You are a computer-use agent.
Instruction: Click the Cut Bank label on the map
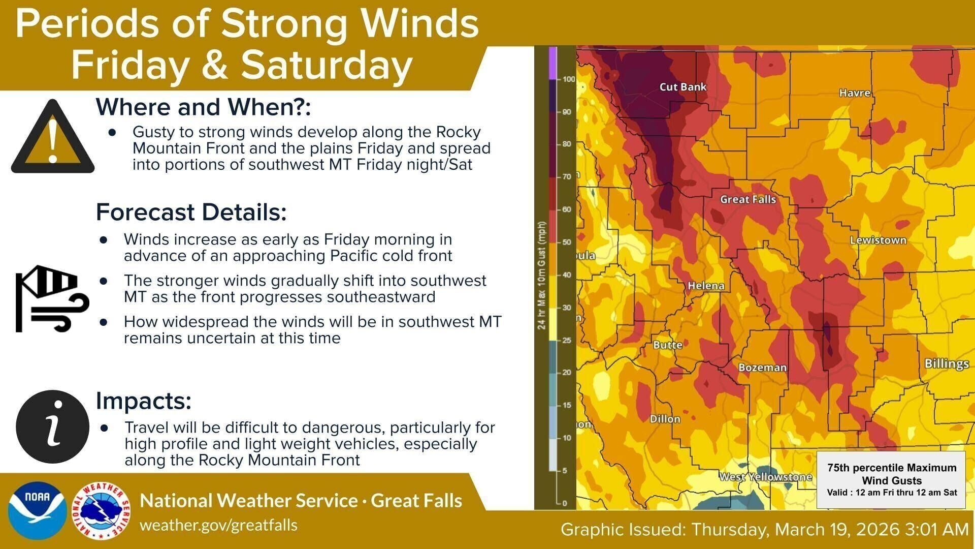682,87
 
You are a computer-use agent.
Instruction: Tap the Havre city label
855,93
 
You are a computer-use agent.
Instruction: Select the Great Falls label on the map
748,200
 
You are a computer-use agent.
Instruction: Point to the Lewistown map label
878,240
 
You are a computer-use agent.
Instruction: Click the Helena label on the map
706,286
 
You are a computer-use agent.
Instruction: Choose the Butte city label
667,345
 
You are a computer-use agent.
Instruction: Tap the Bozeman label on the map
762,368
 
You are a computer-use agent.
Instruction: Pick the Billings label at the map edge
947,364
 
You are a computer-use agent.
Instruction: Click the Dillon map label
665,419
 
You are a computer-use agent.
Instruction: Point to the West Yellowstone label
765,477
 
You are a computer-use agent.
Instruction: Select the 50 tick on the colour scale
567,242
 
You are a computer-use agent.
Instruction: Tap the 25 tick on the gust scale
567,340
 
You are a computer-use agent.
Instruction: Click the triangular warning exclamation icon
53,136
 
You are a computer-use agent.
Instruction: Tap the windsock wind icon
52,298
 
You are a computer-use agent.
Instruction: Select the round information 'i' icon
53,426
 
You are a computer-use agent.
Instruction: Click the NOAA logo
38,510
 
